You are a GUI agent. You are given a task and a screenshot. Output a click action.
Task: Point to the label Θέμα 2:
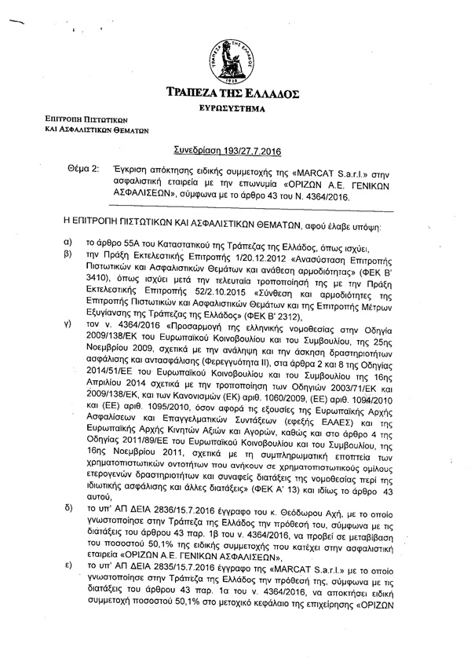coord(84,169)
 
